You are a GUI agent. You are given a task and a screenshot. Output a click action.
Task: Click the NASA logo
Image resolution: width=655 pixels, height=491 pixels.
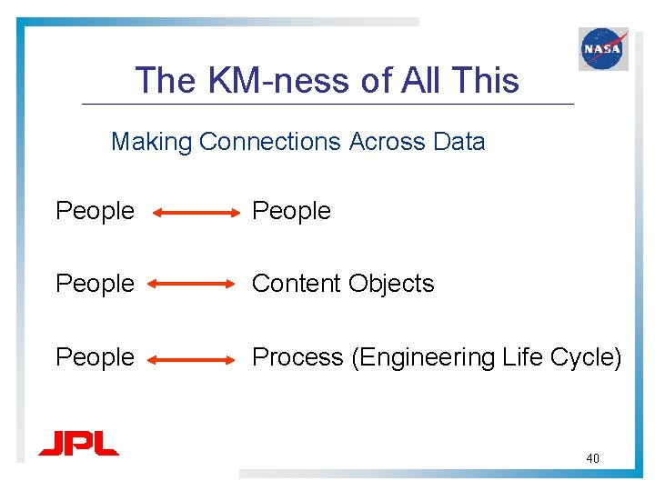(x=603, y=48)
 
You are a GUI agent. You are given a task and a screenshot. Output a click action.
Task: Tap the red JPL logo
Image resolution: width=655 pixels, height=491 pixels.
(x=78, y=444)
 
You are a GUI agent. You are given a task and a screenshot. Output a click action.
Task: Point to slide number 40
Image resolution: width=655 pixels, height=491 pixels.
(x=592, y=459)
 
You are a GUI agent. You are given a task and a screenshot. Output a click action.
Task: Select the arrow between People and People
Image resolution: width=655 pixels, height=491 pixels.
(x=195, y=214)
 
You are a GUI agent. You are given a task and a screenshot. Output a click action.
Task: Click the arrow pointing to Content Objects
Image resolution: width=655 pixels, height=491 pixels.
(x=192, y=285)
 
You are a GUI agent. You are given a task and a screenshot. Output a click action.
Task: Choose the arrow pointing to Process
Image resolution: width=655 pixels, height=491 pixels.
(x=192, y=359)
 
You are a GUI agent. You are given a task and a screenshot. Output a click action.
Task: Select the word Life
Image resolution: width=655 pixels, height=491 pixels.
(x=521, y=358)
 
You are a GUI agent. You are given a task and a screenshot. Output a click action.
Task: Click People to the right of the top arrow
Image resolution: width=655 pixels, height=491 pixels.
(x=291, y=212)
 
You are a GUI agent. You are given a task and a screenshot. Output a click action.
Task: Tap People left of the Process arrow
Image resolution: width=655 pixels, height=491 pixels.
(x=95, y=358)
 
